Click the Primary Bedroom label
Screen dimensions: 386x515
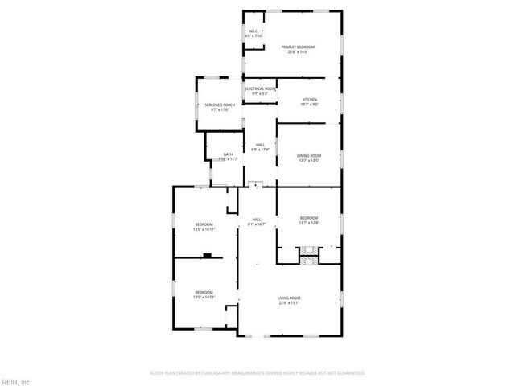[297, 47]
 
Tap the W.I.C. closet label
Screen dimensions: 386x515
[253, 31]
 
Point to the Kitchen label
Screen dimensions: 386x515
[309, 100]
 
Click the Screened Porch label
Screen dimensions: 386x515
[220, 105]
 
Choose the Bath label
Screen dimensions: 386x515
[228, 154]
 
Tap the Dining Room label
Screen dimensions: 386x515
[309, 155]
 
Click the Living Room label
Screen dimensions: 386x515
[289, 298]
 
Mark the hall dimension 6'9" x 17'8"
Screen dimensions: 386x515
[259, 150]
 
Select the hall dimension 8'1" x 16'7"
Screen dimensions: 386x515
[257, 224]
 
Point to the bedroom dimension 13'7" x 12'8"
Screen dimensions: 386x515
[309, 223]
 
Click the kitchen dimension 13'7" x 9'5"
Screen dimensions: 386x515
[309, 105]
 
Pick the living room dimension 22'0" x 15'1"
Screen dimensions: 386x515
[289, 303]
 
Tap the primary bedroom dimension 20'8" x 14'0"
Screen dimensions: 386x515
[297, 52]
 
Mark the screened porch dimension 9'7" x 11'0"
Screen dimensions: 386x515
[220, 110]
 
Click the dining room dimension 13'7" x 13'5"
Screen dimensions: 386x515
[309, 160]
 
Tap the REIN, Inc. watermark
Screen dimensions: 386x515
[15, 380]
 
